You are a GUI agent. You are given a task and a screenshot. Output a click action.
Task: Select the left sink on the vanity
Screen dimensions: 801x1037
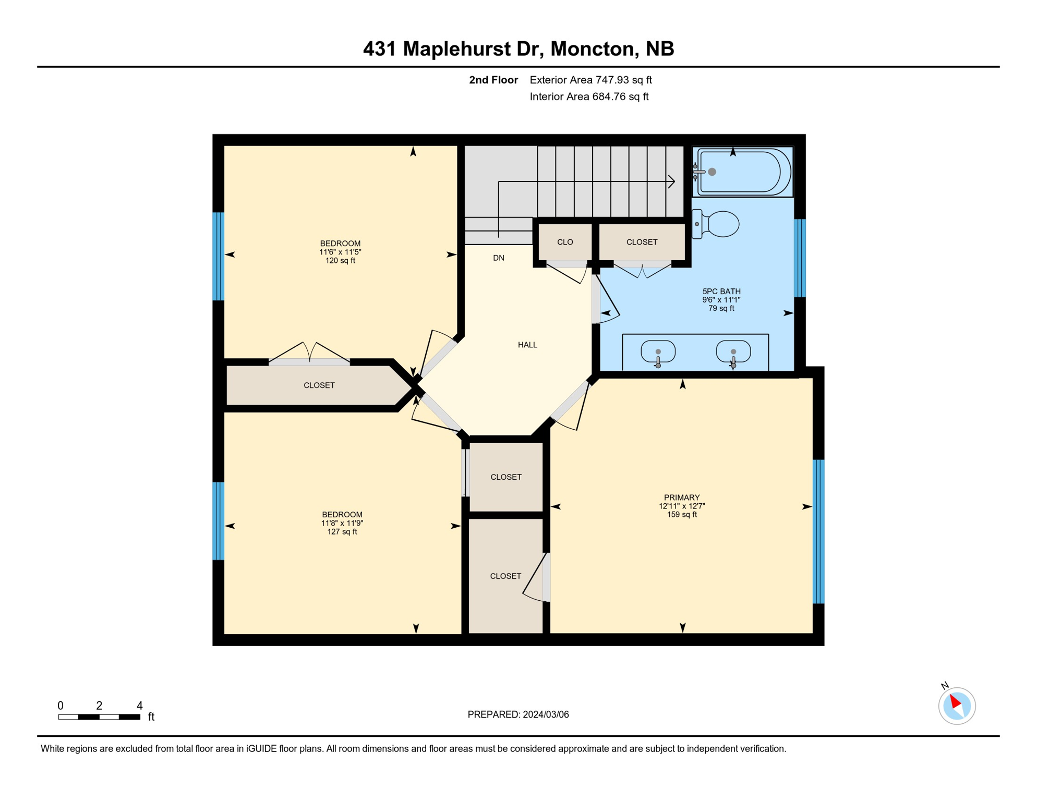[658, 351]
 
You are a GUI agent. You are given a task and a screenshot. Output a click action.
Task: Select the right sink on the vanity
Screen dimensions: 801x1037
[733, 351]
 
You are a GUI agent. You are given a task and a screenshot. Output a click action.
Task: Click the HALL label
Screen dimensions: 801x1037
[527, 345]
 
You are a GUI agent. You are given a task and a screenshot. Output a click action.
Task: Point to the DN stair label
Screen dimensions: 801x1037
[499, 258]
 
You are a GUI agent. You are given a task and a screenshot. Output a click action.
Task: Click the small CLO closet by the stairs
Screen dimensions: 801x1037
[565, 242]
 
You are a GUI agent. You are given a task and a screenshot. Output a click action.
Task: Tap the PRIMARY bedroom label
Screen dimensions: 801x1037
[682, 497]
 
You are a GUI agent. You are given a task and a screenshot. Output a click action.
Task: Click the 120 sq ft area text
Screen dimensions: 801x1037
[340, 261]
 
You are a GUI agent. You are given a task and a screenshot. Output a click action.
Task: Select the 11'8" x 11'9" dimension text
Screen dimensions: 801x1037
[342, 523]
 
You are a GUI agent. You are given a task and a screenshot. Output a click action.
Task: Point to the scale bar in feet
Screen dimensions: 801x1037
[99, 717]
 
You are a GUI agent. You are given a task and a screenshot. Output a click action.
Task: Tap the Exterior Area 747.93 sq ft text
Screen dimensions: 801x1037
[590, 80]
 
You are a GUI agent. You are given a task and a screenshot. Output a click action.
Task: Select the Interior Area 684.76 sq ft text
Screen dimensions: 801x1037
[589, 96]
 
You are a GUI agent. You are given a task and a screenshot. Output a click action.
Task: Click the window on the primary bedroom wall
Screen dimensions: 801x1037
[818, 531]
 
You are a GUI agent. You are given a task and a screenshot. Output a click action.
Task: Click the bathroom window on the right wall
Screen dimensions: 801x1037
[799, 258]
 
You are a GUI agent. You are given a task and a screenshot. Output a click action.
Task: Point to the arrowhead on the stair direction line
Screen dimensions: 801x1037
[672, 181]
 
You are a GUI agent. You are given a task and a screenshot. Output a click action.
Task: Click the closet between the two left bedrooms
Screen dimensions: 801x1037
[319, 385]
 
